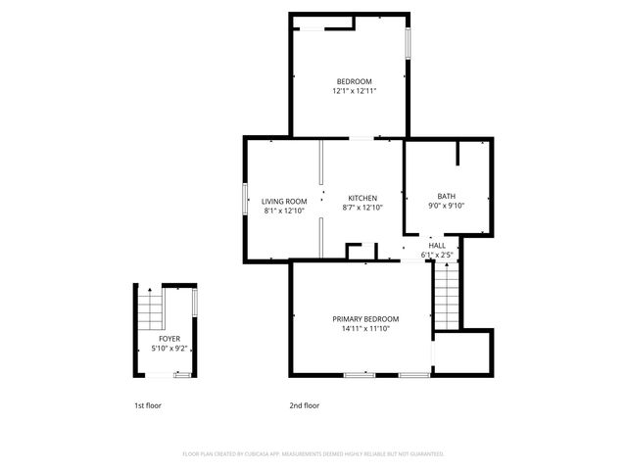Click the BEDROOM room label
tap(354, 81)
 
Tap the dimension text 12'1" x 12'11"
tap(354, 91)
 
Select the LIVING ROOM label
tap(284, 202)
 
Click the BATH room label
tap(446, 196)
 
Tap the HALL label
tap(436, 246)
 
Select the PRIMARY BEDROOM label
tap(364, 319)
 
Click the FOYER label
tap(169, 339)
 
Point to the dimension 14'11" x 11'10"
tap(364, 329)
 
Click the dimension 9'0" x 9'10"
tap(446, 206)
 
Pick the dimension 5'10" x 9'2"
tap(169, 349)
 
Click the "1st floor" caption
tap(149, 405)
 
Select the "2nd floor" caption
tap(304, 405)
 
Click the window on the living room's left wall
tap(245, 200)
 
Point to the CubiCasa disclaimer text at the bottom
tap(313, 454)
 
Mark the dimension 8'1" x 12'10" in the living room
tap(284, 211)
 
